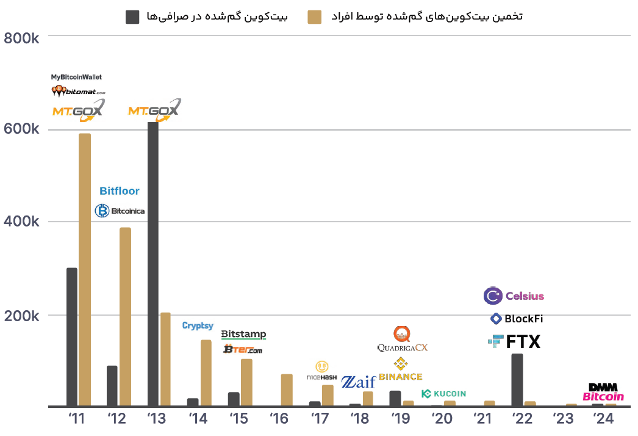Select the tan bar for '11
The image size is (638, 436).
(x=85, y=269)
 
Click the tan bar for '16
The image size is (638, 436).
(x=287, y=390)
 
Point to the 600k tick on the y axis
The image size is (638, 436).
(x=22, y=129)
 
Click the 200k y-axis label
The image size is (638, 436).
(x=22, y=316)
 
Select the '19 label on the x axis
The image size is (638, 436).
(x=400, y=419)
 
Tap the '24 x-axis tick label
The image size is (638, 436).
(x=603, y=419)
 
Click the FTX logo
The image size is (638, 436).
(x=514, y=342)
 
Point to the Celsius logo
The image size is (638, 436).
(x=514, y=296)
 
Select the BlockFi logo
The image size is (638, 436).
(x=517, y=319)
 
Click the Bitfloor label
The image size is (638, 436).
(x=120, y=191)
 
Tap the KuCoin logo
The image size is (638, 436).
(x=443, y=394)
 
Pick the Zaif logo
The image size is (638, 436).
(x=358, y=382)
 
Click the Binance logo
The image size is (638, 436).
(x=400, y=369)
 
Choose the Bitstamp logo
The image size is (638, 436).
(x=243, y=334)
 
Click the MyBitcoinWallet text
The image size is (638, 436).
(x=76, y=77)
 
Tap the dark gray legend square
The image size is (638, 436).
(x=132, y=16)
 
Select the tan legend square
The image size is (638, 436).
(x=315, y=16)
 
